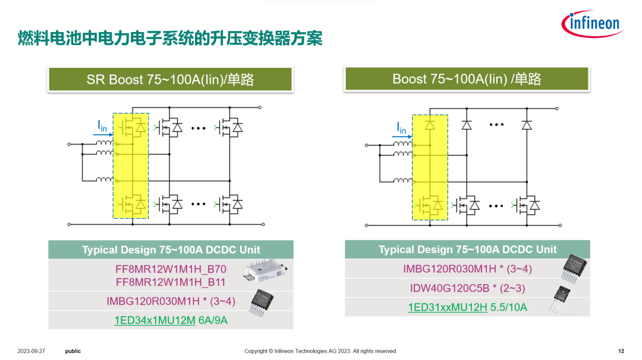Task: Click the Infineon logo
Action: click(x=591, y=23)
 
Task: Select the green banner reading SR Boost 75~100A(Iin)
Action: click(x=170, y=79)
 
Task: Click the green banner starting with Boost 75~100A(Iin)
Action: click(x=467, y=79)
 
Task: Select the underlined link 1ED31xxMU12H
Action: click(x=447, y=307)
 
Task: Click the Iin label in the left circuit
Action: click(x=102, y=125)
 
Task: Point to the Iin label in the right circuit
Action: click(x=402, y=127)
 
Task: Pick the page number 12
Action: click(x=621, y=351)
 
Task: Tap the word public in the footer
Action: click(x=73, y=351)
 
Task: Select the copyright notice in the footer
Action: click(x=320, y=351)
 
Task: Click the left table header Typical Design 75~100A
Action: click(x=171, y=250)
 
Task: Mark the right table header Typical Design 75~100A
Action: click(x=467, y=250)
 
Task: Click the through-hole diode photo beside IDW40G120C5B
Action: click(x=561, y=297)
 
